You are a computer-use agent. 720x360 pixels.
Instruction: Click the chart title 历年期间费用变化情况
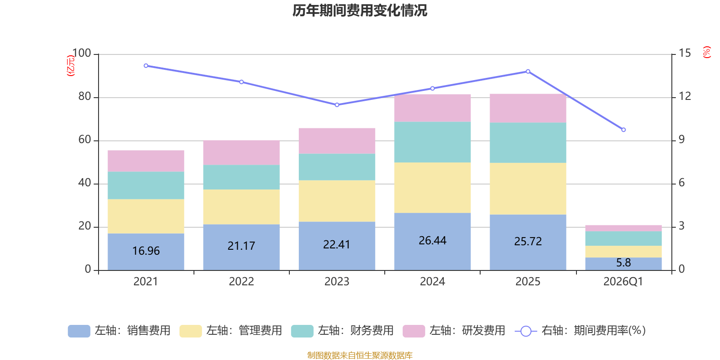pos(360,10)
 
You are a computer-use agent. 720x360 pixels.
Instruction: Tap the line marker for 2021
pos(146,66)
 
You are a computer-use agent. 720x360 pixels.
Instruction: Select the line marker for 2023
pos(337,105)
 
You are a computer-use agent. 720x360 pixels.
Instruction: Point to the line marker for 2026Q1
pos(623,130)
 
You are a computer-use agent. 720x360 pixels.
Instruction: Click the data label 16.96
pos(146,251)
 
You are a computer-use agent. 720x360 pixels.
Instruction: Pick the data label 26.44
pos(432,241)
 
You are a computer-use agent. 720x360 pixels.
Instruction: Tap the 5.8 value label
pos(623,262)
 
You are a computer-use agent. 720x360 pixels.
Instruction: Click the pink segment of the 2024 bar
pos(432,108)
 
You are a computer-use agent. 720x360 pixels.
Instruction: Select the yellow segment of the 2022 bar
pos(241,207)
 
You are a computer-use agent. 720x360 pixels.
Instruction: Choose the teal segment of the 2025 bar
pos(528,143)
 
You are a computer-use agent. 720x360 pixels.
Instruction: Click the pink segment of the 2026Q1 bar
pos(623,228)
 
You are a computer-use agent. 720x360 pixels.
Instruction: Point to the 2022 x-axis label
pos(241,282)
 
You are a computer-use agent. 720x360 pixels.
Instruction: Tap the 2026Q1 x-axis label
pos(623,282)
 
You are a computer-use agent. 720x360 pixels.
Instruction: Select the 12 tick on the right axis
pos(685,96)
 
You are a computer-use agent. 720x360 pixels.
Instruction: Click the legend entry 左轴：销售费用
pos(119,331)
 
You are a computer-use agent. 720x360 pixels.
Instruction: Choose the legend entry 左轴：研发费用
pos(454,331)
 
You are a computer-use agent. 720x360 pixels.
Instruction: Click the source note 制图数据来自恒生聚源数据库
pos(360,355)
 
